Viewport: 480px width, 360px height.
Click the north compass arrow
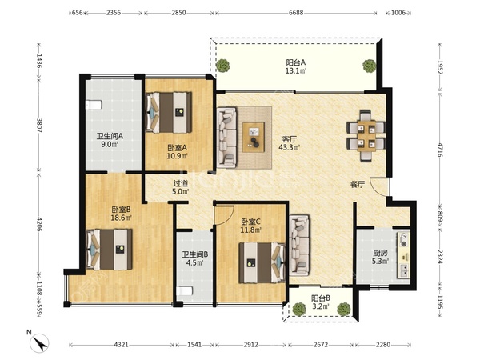coord(39,343)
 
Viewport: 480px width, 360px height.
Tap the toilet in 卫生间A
coord(93,105)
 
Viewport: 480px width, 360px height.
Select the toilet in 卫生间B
coord(185,291)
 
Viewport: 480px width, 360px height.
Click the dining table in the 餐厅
coord(366,136)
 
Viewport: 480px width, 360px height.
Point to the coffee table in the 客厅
coord(254,137)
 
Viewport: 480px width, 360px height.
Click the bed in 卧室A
coord(169,112)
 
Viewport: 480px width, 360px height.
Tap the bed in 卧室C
coord(262,262)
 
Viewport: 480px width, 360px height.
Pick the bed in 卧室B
coord(110,250)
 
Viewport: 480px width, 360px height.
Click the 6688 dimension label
coord(296,13)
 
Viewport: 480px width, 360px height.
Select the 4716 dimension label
coord(440,150)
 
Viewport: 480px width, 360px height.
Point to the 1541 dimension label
coord(194,345)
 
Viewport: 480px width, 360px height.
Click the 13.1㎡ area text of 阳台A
coord(296,71)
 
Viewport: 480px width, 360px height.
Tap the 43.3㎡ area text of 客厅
coord(290,147)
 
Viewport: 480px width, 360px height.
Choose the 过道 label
coord(181,184)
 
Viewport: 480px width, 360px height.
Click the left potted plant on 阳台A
coord(223,65)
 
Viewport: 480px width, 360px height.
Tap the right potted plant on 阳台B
coord(344,309)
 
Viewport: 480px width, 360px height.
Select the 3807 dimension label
coord(39,126)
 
